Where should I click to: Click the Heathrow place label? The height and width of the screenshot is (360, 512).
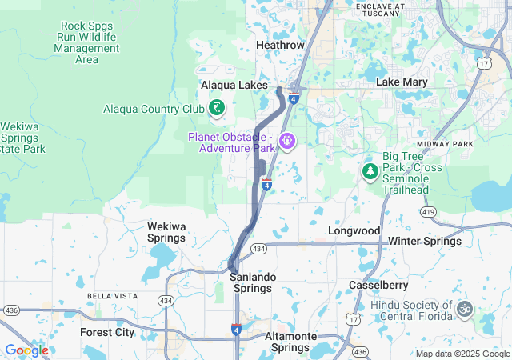click(280, 46)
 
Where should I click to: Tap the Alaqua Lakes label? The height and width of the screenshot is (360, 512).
click(234, 85)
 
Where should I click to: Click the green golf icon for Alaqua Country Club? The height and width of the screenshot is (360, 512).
click(216, 108)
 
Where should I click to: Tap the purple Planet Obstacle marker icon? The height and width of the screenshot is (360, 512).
click(287, 142)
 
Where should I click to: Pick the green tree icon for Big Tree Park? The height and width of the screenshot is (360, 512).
click(370, 170)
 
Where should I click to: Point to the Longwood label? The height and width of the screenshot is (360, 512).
click(354, 230)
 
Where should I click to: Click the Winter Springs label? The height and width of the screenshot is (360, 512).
click(425, 241)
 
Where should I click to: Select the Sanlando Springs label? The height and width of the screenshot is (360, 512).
click(253, 277)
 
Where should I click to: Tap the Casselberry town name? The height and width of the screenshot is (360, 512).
click(379, 285)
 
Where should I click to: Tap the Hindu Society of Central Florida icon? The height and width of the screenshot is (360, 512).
click(463, 307)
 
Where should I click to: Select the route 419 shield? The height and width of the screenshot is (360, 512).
click(430, 213)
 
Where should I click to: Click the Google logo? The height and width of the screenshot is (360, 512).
click(26, 350)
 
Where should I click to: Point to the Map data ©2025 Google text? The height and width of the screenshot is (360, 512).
click(462, 354)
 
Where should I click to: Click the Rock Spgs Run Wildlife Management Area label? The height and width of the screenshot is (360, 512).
click(86, 42)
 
